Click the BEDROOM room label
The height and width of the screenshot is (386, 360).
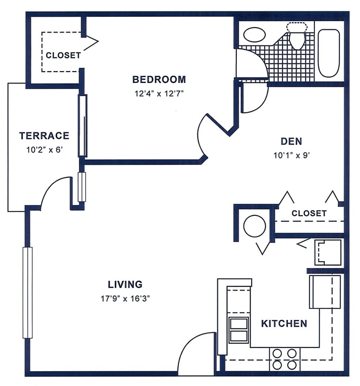pos(159,80)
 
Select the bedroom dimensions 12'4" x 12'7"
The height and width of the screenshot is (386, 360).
pos(159,93)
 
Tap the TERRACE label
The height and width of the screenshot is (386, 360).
pos(44,136)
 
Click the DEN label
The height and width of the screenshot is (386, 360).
pos(291,141)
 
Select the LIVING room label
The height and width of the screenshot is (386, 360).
pos(125,284)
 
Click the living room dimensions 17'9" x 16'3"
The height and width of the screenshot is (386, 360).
pos(125,297)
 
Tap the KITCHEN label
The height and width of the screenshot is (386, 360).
pos(284,324)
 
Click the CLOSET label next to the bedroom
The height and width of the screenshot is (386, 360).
pos(63,55)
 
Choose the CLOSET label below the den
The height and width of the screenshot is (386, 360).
pos(309,213)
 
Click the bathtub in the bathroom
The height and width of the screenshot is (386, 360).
pos(329,53)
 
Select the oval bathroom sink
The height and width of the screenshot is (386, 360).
pos(254,35)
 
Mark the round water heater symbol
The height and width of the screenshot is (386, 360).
pos(253,226)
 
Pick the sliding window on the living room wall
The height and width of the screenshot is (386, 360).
pos(25,292)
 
